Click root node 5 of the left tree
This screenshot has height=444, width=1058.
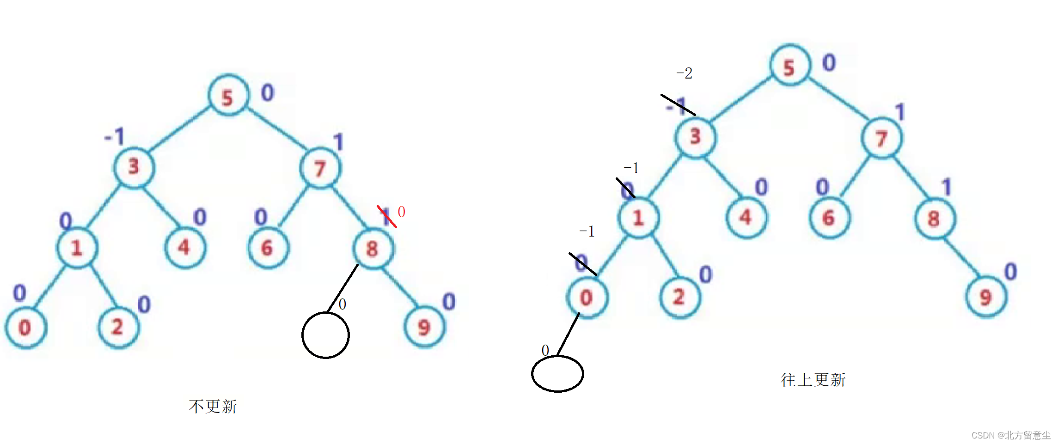tap(228, 96)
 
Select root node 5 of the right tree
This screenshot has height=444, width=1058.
tap(790, 66)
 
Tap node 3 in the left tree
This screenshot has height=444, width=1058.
tap(134, 166)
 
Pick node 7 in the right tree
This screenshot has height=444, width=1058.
tap(881, 138)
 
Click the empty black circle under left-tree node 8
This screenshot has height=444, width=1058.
tap(325, 335)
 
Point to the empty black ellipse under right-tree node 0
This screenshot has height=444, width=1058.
tap(557, 374)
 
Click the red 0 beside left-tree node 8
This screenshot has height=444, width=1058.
tap(401, 212)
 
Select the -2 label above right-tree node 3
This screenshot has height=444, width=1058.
tap(685, 73)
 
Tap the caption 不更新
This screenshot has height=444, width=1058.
tap(213, 407)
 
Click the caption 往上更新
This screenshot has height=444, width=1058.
tap(813, 380)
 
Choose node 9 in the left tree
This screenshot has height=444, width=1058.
tap(424, 327)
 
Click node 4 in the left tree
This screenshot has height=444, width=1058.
tap(185, 248)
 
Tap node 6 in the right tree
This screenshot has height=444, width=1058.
tap(829, 218)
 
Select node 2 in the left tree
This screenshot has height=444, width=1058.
tap(118, 327)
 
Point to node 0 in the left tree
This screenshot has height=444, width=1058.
tap(25, 327)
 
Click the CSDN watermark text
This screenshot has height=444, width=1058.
tap(1011, 435)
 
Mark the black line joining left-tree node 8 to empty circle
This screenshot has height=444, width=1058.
tap(342, 288)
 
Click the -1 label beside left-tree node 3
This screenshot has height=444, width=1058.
tap(115, 136)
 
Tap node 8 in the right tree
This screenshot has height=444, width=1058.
tap(935, 219)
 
